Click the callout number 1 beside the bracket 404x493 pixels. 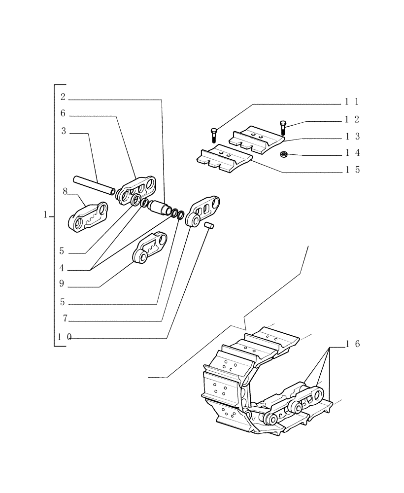(x=45, y=215)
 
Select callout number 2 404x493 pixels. (x=63, y=96)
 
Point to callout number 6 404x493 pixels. (x=63, y=113)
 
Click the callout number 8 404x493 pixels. (x=65, y=192)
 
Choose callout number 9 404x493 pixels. (x=62, y=284)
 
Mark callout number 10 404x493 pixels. (x=64, y=337)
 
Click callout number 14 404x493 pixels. (x=352, y=153)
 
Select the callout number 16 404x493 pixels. (x=352, y=344)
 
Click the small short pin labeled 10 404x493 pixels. (x=208, y=226)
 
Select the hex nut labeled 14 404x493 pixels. (x=283, y=155)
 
